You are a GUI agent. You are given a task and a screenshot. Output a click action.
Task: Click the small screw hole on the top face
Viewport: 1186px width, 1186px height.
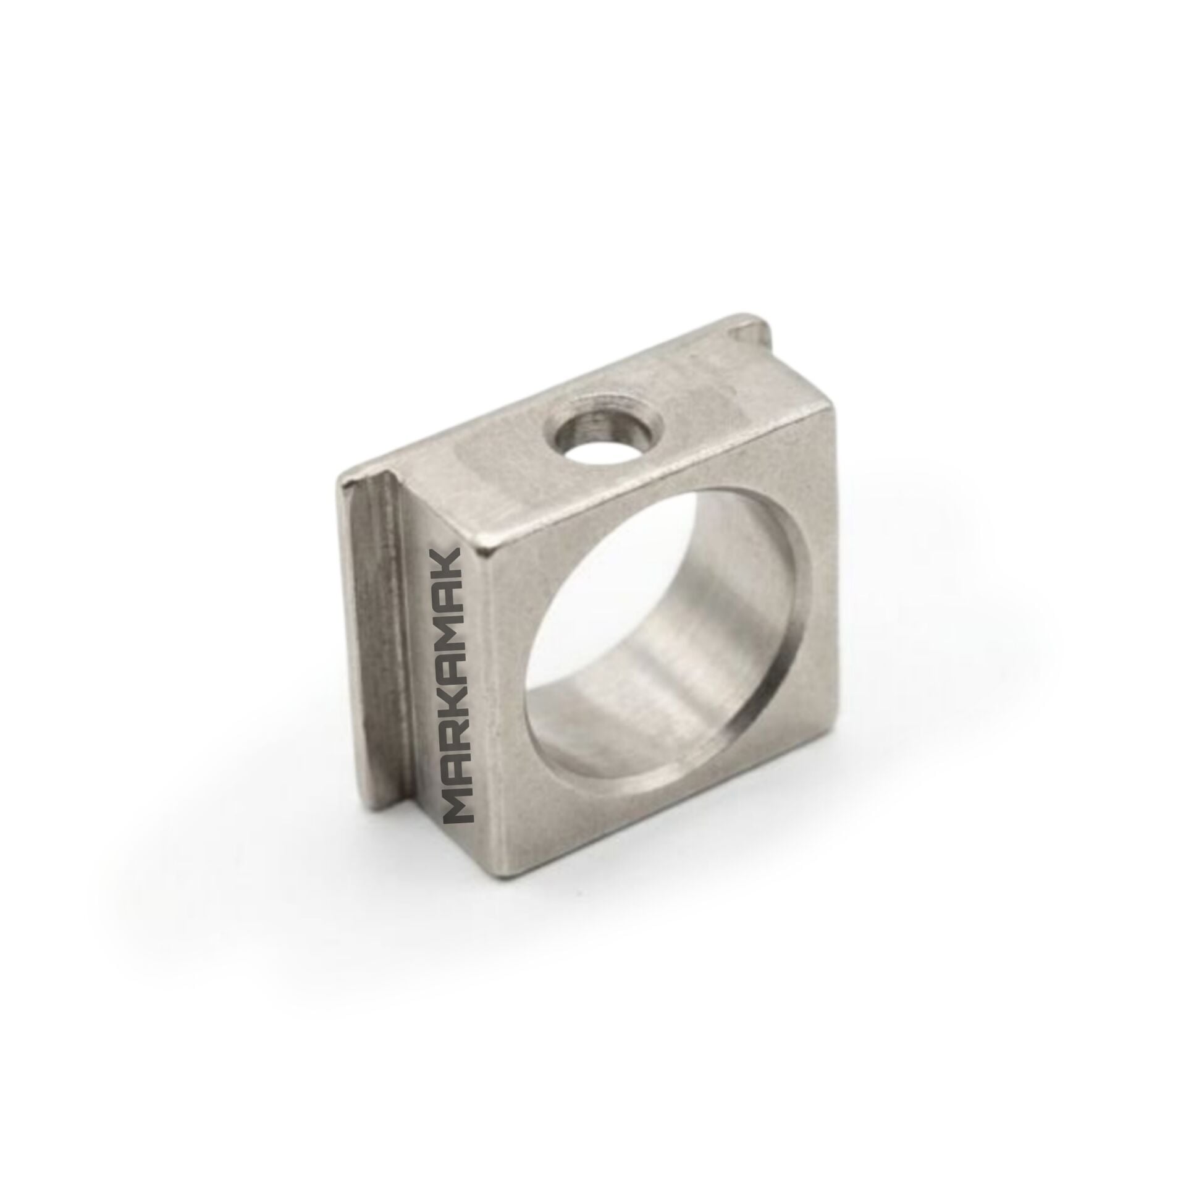[x=605, y=441]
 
